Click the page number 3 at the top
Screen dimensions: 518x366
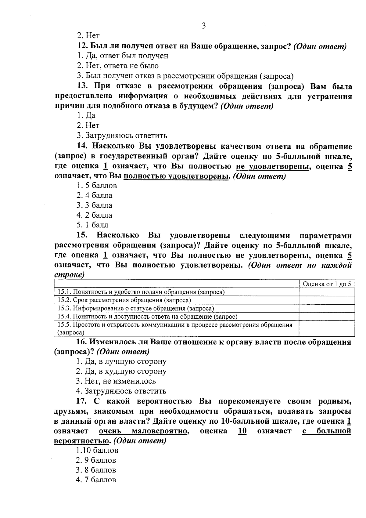[204, 26]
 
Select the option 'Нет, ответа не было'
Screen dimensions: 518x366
[117, 66]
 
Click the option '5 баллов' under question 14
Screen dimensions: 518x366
[97, 186]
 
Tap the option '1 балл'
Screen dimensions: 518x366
[92, 225]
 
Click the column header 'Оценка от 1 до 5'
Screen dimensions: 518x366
[327, 284]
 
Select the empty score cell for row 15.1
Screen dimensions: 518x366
[327, 292]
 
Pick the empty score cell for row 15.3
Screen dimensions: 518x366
[327, 308]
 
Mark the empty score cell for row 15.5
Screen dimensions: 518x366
[327, 328]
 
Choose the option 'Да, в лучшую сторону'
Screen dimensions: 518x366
[121, 361]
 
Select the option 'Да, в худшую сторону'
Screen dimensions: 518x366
[121, 371]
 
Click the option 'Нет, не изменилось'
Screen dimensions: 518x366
[116, 381]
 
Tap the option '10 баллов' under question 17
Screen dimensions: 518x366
[97, 451]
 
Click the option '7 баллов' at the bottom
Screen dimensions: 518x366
[96, 480]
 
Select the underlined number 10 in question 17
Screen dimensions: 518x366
[242, 431]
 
